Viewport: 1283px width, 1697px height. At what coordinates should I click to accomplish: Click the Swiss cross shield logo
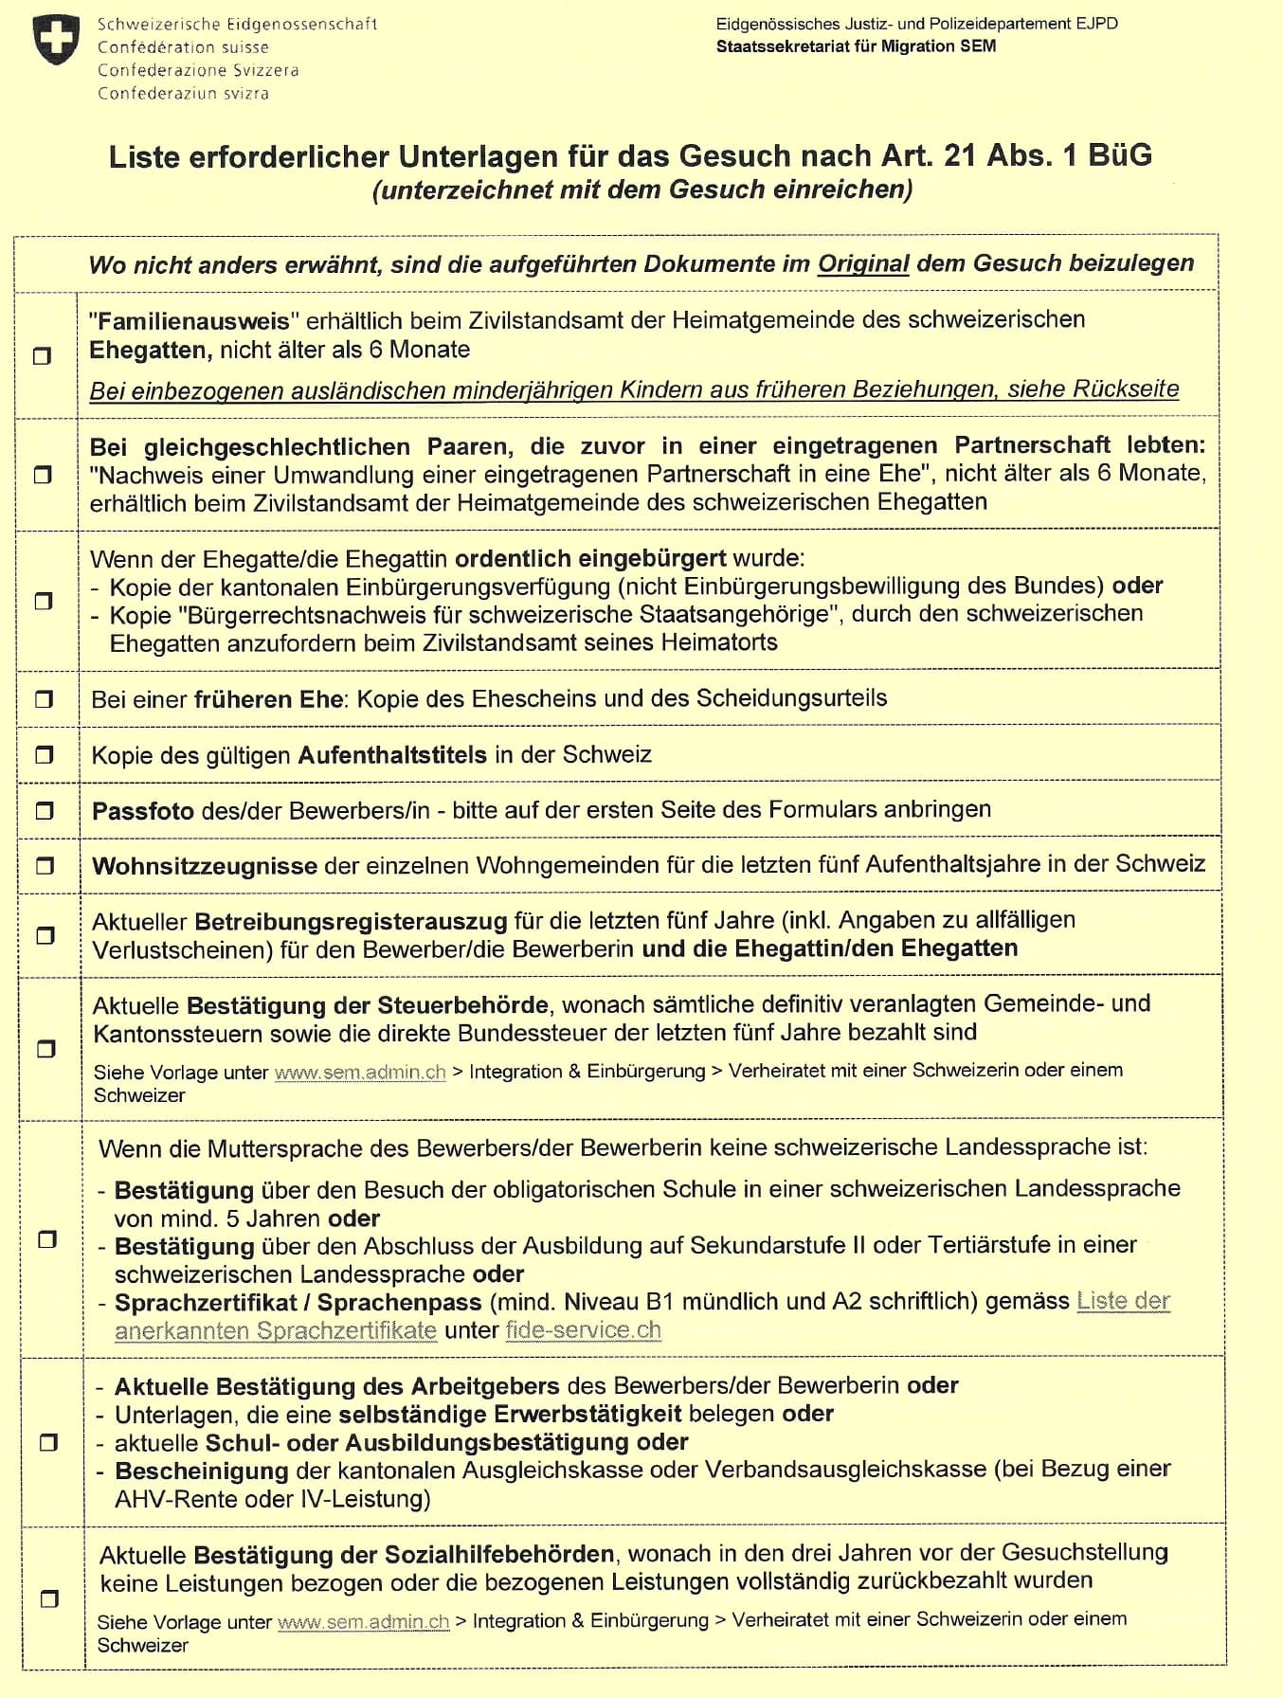coord(57,40)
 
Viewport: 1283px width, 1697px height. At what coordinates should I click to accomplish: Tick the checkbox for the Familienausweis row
coord(43,356)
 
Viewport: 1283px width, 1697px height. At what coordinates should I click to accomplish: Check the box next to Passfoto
coord(45,811)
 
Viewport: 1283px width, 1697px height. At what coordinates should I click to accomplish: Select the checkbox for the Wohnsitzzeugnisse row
coord(45,866)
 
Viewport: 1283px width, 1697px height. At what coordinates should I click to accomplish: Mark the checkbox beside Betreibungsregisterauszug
coord(45,935)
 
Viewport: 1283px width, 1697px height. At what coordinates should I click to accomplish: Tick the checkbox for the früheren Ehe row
coord(44,699)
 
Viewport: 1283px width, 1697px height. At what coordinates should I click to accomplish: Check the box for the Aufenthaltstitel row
coord(44,755)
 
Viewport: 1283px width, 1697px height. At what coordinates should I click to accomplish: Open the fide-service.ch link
coord(583,1329)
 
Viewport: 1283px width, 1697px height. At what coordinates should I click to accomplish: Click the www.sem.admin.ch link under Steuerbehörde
coord(360,1072)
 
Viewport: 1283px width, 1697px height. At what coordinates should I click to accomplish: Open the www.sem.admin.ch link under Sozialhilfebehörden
coord(363,1621)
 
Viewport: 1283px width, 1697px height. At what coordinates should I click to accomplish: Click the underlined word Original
coord(863,263)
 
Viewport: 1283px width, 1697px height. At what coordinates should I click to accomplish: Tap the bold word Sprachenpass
coord(400,1302)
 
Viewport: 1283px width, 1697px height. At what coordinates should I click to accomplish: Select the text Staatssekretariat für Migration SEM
coord(856,46)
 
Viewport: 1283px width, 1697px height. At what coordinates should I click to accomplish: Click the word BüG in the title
coord(1120,155)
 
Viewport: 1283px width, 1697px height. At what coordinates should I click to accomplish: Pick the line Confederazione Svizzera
coord(198,70)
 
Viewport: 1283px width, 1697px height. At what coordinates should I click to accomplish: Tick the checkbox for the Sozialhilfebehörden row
coord(49,1598)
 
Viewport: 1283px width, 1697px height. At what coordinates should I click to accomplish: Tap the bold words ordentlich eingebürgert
coord(590,558)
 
